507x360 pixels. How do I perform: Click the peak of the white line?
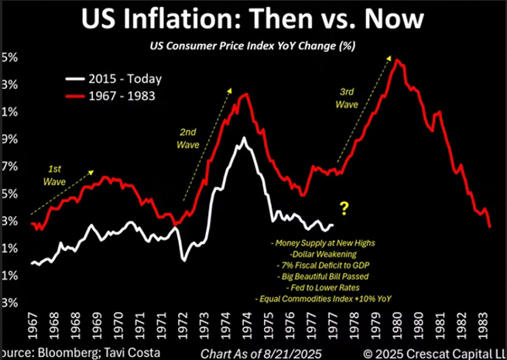click(x=245, y=139)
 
